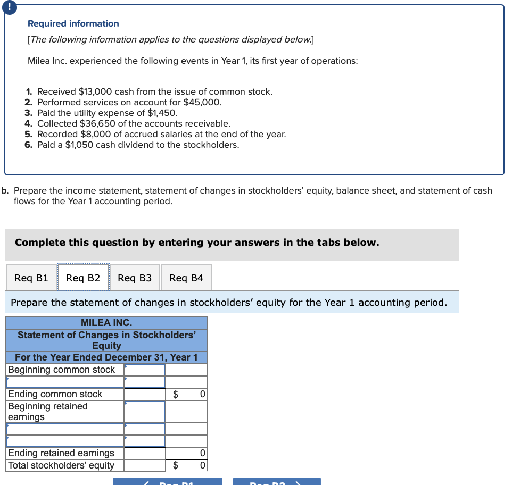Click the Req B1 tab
point(31,278)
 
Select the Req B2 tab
point(83,278)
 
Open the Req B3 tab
point(135,278)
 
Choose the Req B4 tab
point(186,278)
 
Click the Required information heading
point(73,23)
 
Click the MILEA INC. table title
point(106,323)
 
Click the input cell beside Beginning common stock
point(145,370)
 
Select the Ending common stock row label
point(55,394)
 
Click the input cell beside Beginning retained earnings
point(145,411)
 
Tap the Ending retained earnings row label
point(61,453)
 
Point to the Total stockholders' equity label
point(61,465)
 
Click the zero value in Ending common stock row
point(202,394)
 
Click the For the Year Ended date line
point(106,357)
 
